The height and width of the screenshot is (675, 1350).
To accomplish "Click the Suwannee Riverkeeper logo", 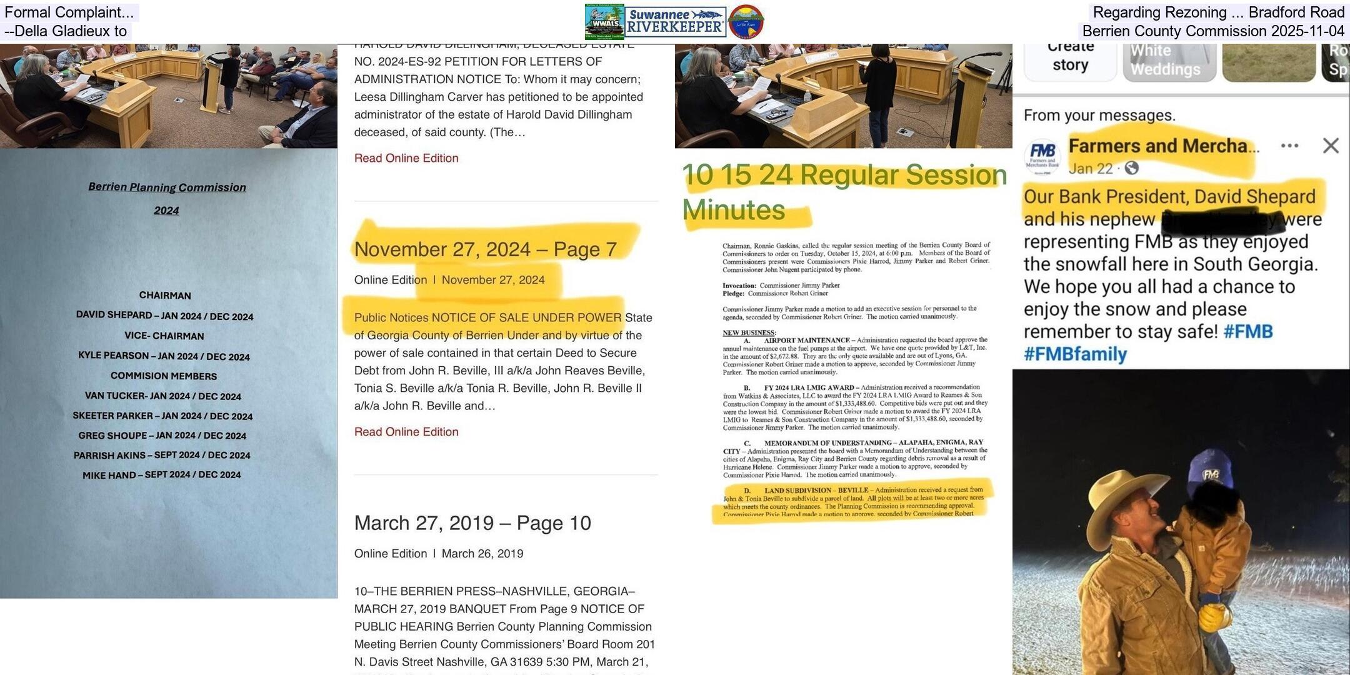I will pos(676,22).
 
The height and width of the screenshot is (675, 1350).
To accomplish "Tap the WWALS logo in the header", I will pos(604,22).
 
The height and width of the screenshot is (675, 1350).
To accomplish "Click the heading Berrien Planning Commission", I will pos(167,187).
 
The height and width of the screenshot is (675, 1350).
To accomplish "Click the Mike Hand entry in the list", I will pos(161,475).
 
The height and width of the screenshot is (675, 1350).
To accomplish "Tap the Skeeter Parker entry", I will pos(162,416).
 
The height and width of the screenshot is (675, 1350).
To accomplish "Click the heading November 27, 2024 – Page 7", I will pos(485,249).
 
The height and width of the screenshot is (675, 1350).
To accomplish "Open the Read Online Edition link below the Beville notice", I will pos(406,432).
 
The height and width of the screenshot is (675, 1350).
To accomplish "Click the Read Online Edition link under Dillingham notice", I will pos(406,158).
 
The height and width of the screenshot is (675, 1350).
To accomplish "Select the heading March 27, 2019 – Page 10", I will pos(472,523).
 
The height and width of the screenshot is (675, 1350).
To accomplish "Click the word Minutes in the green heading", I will pos(733,210).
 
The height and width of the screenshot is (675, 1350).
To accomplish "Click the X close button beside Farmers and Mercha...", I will pos(1331,146).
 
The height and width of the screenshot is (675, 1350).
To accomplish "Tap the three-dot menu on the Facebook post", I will pos(1289,146).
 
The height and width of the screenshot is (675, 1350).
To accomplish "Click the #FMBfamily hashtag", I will pos(1075,354).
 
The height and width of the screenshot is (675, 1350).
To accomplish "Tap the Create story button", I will pos(1070,56).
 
